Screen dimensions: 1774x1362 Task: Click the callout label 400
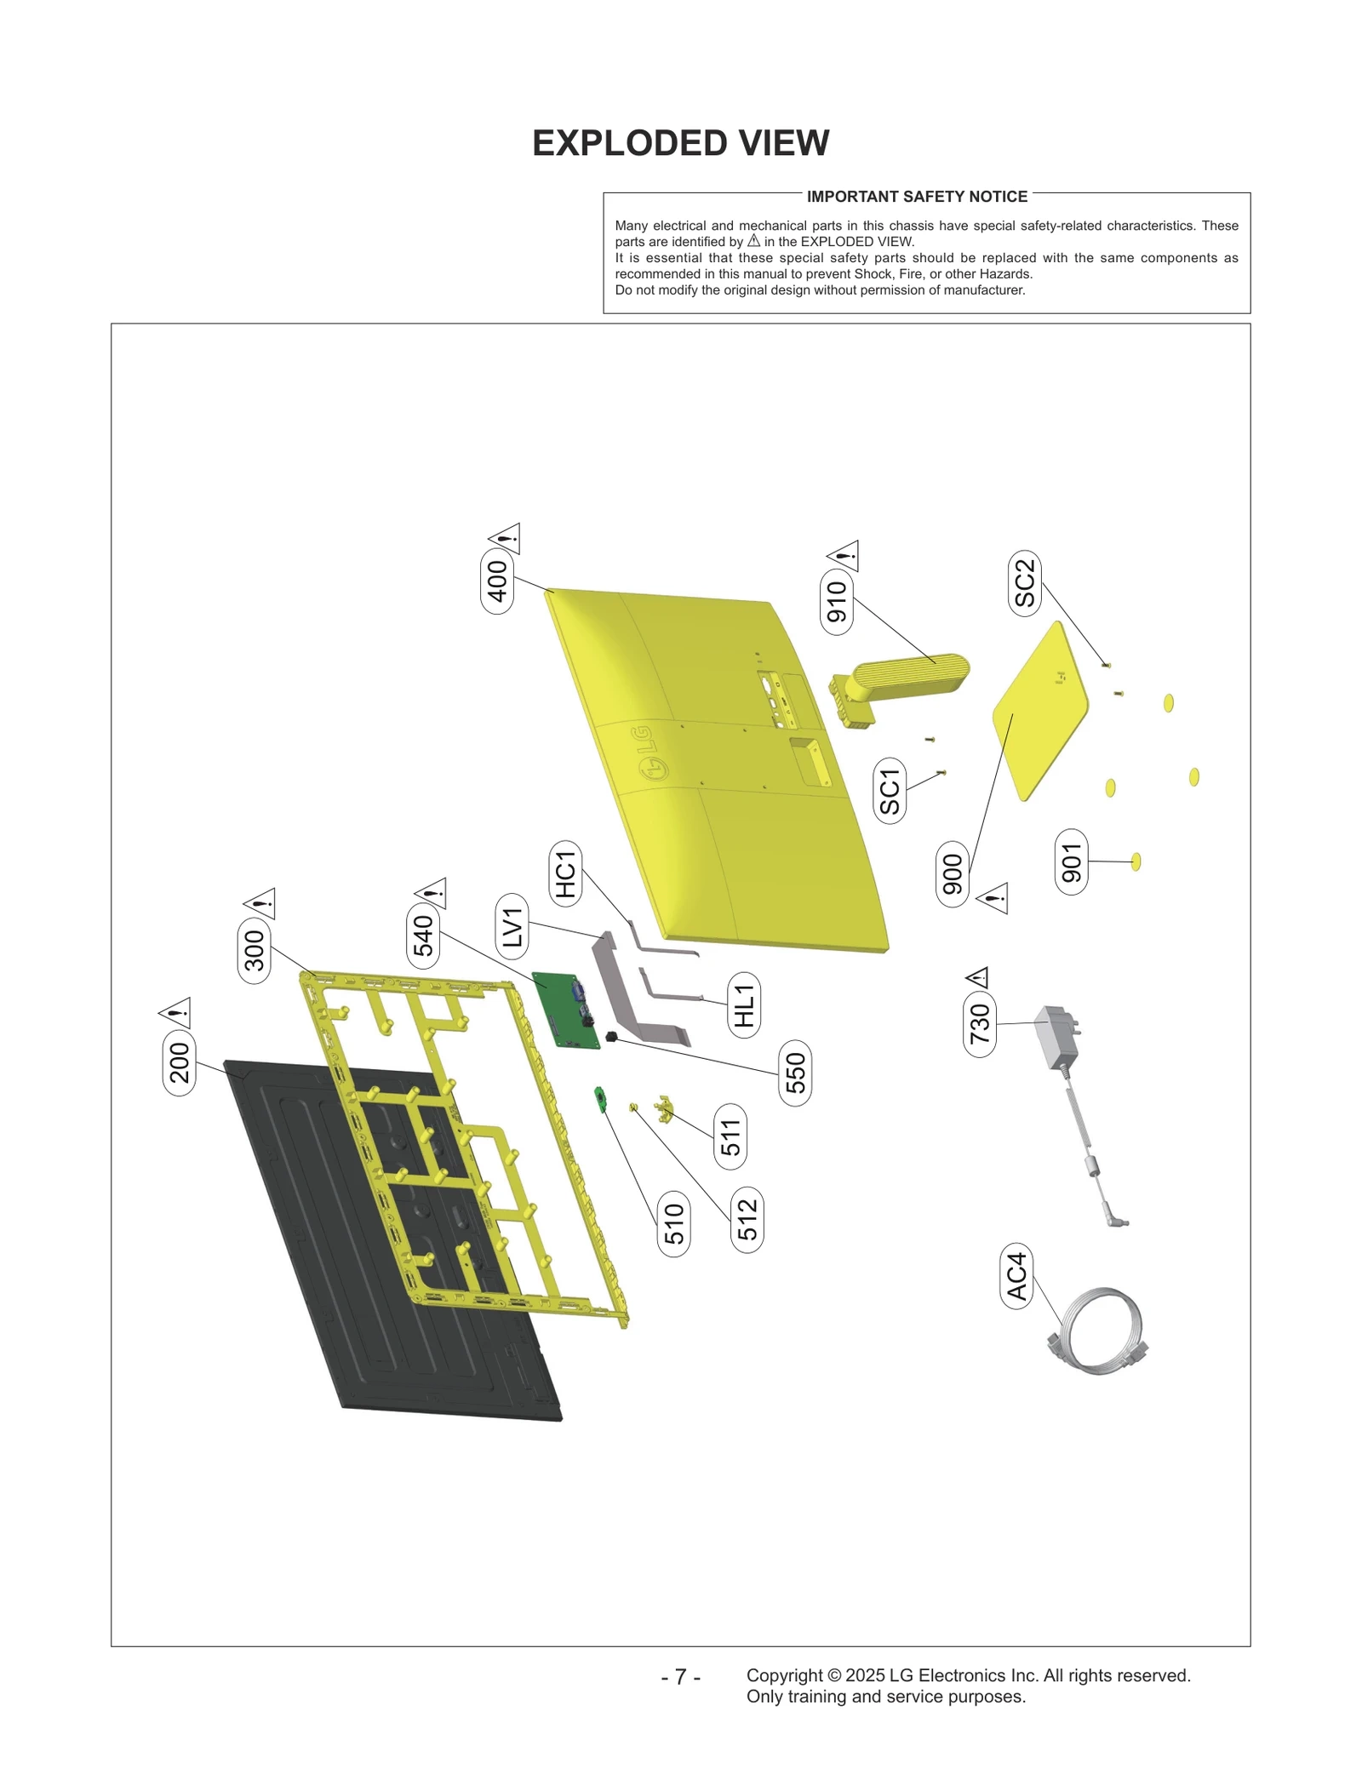click(497, 581)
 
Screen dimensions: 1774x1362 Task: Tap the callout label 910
click(837, 602)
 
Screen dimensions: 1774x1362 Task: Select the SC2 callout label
click(1025, 583)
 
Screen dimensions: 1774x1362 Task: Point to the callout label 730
click(980, 1024)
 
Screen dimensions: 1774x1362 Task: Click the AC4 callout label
click(1016, 1276)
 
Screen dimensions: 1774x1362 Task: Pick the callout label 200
click(179, 1062)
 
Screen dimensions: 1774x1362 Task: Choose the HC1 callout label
click(566, 874)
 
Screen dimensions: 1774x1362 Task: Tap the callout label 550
click(795, 1073)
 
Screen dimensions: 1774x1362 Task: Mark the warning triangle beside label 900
click(993, 898)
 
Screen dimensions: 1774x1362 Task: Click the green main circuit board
click(566, 1010)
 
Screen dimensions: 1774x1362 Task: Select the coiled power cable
click(1098, 1332)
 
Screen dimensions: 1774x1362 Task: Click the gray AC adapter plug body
click(1056, 1037)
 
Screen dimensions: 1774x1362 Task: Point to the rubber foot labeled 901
click(1136, 861)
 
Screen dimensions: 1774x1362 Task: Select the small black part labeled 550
click(611, 1036)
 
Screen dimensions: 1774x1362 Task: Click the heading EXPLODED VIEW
click(680, 143)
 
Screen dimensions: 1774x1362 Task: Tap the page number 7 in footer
click(680, 1676)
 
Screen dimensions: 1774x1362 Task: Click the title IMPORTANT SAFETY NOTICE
click(917, 197)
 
